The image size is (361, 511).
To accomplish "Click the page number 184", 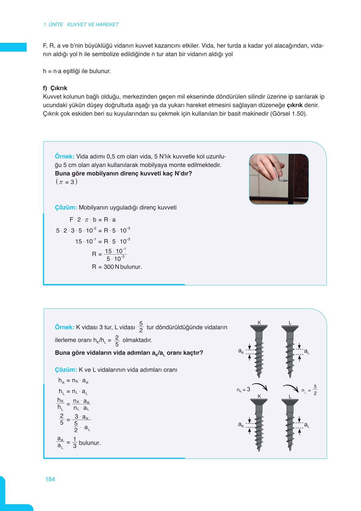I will coord(50,479).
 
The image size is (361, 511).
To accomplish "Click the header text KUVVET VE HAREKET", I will coord(93,25).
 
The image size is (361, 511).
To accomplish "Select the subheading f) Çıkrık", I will coord(55,88).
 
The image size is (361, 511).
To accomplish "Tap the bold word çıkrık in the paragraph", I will coord(294,105).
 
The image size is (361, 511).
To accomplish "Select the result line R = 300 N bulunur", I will coord(117,267).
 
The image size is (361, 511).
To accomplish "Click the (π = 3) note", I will coord(66,182).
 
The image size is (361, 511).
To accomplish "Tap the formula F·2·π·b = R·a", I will coord(93,220).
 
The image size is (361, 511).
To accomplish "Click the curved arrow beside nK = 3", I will coord(260,387).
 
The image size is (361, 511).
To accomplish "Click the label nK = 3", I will coord(243,390).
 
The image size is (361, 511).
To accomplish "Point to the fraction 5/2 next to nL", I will coord(315,390).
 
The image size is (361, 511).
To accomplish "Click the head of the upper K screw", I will coord(259,328).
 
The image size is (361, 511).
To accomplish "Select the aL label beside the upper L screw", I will coord(307,352).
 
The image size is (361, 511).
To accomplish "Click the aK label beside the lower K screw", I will coord(241,424).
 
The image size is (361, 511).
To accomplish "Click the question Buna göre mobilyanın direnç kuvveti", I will coord(123,173).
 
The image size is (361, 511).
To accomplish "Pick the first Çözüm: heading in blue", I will coord(66,208).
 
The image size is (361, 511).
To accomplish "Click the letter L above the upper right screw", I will coord(290,323).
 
